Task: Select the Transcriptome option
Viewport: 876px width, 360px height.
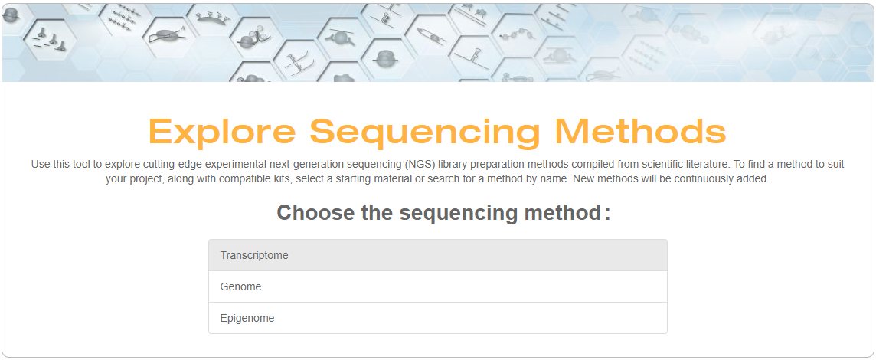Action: tap(437, 256)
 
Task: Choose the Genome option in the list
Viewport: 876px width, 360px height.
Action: tap(437, 286)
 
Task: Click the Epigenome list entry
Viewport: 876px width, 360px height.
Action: tap(437, 318)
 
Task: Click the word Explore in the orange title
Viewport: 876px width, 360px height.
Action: tap(222, 132)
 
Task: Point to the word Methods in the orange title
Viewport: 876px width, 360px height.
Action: tap(641, 132)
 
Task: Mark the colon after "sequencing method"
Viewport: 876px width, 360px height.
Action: tap(607, 215)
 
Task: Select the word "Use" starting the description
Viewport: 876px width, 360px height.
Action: tap(40, 165)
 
